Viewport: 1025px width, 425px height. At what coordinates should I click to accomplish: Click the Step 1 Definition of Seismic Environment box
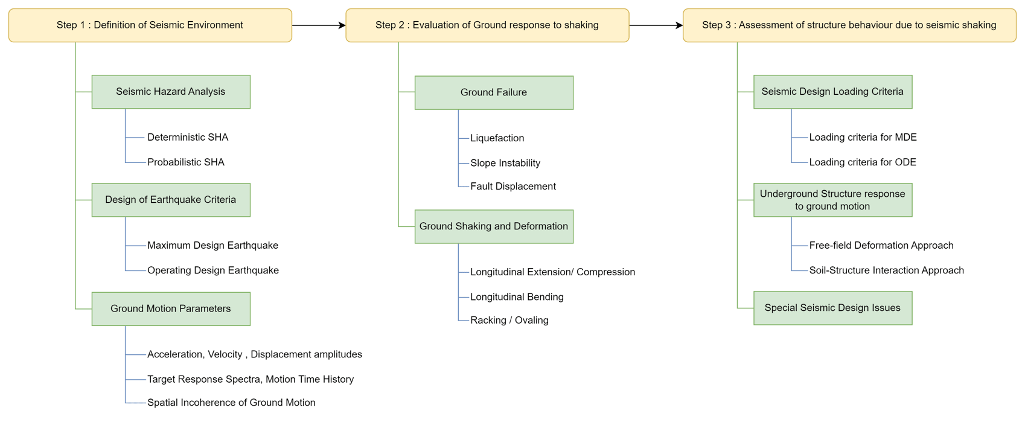[150, 25]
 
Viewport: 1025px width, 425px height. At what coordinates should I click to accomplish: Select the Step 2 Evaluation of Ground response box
[487, 25]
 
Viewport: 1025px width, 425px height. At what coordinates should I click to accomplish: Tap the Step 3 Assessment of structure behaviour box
[849, 25]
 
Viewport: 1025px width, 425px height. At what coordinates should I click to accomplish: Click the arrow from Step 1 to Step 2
[319, 25]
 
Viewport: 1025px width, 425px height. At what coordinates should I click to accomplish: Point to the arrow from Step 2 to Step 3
[656, 25]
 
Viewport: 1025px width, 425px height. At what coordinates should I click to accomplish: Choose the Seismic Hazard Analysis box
[171, 92]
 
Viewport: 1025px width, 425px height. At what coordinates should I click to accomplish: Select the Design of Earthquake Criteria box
[171, 200]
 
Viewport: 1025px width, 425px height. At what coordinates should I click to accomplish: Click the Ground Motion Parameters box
[171, 308]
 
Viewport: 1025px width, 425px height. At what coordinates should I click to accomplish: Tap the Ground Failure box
[494, 92]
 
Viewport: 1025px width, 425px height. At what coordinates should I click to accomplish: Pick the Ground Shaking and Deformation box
[494, 226]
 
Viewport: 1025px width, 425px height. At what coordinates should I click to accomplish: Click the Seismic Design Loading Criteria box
[832, 92]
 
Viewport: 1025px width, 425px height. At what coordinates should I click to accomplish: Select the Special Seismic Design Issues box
[832, 308]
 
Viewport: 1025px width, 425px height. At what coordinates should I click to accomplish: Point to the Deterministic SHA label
[188, 137]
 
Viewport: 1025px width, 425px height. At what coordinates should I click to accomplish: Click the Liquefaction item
[497, 138]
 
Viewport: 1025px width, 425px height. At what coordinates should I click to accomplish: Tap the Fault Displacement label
[513, 187]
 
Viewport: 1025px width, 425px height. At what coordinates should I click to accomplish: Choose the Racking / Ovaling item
[509, 321]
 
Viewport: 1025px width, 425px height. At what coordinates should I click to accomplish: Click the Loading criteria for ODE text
[863, 162]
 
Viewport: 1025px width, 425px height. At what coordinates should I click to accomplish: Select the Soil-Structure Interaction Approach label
[886, 270]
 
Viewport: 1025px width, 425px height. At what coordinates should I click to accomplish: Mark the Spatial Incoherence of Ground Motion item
[231, 403]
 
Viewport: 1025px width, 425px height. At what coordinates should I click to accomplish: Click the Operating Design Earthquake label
[213, 270]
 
